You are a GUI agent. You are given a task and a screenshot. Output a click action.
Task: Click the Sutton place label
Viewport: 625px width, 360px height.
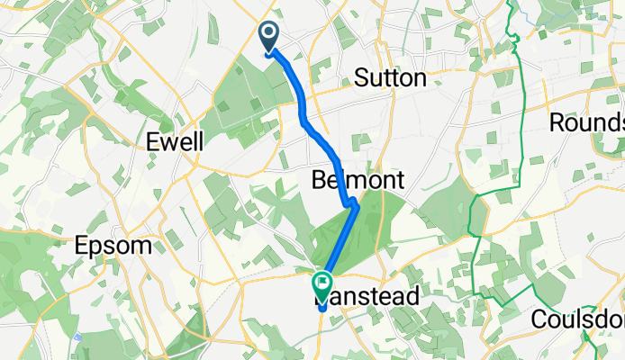click(x=390, y=78)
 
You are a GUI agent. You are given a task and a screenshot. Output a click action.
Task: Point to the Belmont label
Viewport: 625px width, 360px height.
click(x=357, y=180)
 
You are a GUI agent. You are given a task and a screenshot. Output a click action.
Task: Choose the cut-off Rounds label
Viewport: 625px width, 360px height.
click(x=586, y=121)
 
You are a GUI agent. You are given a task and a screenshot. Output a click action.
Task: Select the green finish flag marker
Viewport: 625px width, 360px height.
click(x=322, y=285)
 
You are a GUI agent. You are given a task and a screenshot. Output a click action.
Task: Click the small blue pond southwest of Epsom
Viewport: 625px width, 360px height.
click(x=78, y=337)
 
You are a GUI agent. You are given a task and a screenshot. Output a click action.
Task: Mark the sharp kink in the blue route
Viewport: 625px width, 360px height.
click(x=355, y=204)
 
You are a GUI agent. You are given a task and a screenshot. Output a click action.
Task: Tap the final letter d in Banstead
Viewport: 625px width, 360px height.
click(x=412, y=296)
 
